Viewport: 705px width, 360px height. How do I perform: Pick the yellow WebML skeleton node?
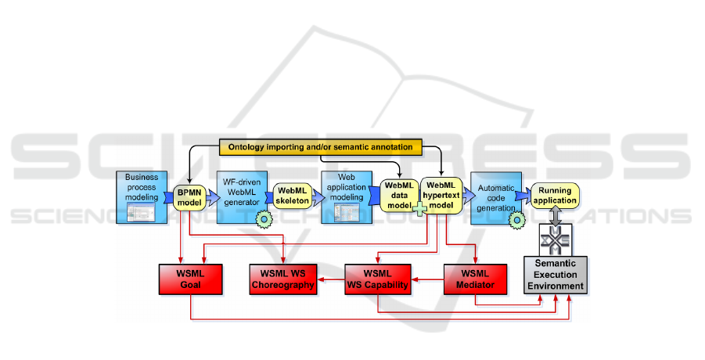(291, 196)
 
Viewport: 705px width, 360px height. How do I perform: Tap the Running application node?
(556, 196)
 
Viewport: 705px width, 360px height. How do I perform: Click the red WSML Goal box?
(191, 279)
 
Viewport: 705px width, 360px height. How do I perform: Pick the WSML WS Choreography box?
(283, 279)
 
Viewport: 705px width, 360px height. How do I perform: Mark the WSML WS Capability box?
(378, 279)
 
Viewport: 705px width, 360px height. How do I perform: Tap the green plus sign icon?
(420, 209)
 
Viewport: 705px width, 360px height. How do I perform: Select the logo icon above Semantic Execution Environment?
(556, 237)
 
